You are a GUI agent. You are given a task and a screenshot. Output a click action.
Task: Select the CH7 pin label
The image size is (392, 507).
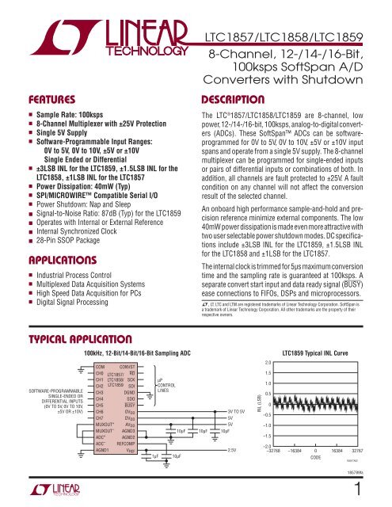(99, 417)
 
